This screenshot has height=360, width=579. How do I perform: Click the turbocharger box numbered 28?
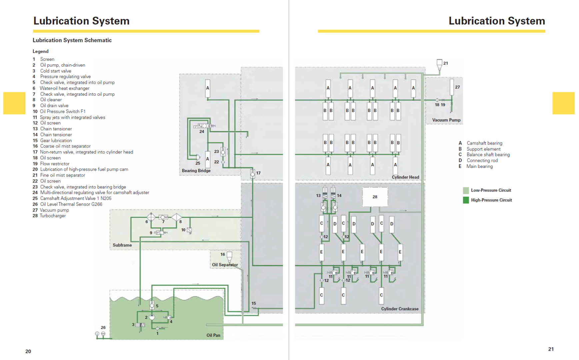(x=375, y=197)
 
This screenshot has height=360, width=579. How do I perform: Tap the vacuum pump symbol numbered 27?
(x=452, y=87)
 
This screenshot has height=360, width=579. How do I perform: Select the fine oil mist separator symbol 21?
(x=439, y=64)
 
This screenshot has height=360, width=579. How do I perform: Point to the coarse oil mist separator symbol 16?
(x=229, y=257)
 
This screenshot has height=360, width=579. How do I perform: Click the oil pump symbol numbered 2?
(x=152, y=317)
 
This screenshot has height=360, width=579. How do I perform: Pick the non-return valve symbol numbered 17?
(x=253, y=173)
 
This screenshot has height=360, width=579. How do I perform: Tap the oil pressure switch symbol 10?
(x=189, y=230)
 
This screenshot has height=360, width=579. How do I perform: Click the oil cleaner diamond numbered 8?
(x=176, y=217)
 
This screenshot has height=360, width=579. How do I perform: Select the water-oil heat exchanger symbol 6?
(x=151, y=217)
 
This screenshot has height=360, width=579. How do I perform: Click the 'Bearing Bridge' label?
(x=196, y=171)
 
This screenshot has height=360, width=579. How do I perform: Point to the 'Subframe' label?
(x=122, y=245)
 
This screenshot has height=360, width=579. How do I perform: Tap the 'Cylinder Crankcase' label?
(x=400, y=309)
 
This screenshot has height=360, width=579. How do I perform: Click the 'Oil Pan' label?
(x=213, y=335)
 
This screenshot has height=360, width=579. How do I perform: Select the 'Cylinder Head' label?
(x=405, y=177)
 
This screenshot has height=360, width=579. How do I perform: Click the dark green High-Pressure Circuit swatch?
(x=466, y=200)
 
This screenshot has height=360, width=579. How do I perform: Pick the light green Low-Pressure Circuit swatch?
(x=466, y=190)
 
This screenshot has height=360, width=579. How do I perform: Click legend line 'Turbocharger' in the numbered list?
(x=49, y=216)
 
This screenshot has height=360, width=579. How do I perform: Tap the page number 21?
(x=551, y=349)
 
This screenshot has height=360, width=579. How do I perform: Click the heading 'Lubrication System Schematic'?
(x=72, y=40)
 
